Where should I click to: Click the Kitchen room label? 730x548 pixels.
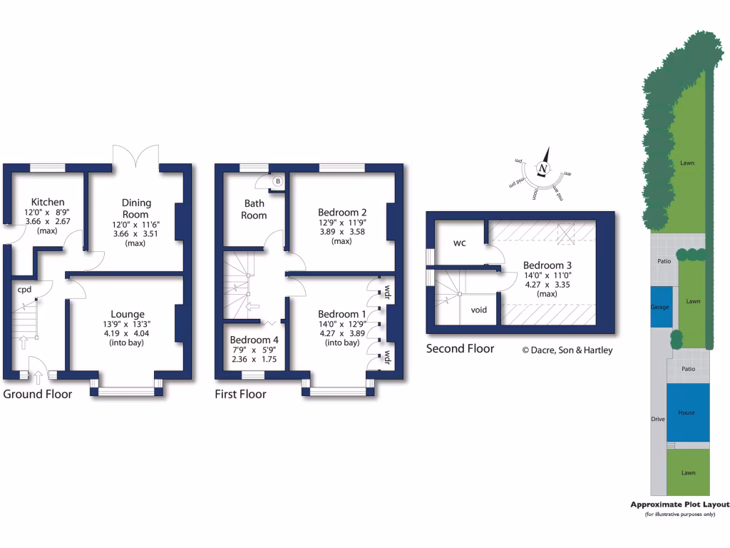[x=47, y=203]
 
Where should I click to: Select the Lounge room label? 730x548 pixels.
[x=128, y=314]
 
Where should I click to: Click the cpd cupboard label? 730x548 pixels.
[x=25, y=290]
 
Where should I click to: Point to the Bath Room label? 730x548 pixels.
[x=254, y=209]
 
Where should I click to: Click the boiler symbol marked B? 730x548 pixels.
[x=277, y=182]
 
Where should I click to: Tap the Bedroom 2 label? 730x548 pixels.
[x=342, y=212]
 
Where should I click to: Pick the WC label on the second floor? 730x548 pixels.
[x=459, y=243]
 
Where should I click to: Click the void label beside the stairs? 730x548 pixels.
[x=479, y=310]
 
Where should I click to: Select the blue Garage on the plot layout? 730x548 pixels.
[x=660, y=306]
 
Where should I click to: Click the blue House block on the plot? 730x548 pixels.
[x=687, y=412]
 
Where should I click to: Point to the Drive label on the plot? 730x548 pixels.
[x=657, y=419]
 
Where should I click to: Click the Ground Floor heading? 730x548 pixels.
[x=38, y=394]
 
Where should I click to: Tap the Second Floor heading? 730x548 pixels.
[x=460, y=349]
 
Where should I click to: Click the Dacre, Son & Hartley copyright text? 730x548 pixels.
[x=567, y=350]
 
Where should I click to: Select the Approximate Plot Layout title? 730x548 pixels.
[x=679, y=504]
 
